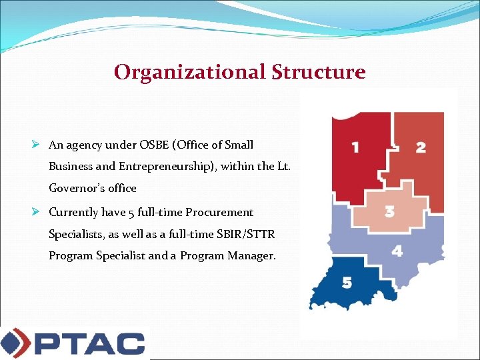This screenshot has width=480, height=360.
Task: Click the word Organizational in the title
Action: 190,72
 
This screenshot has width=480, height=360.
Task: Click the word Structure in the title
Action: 319,72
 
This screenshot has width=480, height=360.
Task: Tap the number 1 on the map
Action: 355,147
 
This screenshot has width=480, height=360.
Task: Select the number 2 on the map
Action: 421,147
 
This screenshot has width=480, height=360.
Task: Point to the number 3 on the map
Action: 390,212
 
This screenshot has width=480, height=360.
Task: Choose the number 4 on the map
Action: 397,251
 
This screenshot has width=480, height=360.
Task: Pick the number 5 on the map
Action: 347,283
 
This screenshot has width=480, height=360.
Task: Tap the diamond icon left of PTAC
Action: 15,343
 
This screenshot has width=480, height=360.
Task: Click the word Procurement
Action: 219,212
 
